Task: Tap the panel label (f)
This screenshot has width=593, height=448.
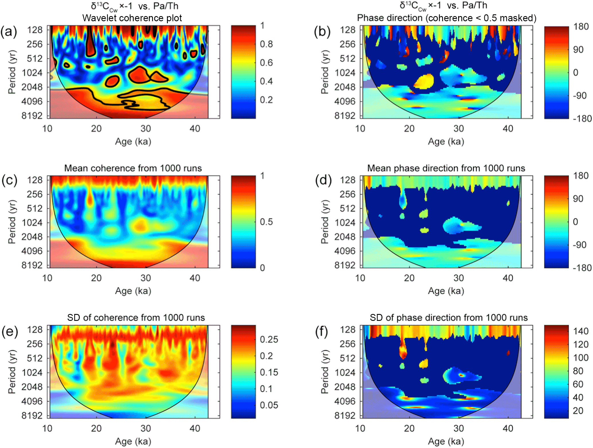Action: coord(322,331)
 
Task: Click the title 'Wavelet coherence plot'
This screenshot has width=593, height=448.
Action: coord(132,18)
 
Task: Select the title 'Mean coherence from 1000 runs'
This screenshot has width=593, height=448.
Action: coord(133,168)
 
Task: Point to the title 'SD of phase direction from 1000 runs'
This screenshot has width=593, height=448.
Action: coord(449,318)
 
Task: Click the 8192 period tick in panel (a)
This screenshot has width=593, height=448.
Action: coord(32,116)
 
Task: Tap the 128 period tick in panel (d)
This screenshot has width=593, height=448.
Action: coord(347,180)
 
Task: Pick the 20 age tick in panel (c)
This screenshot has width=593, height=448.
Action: coord(96,278)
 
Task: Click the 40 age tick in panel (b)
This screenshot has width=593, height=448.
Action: coord(508,129)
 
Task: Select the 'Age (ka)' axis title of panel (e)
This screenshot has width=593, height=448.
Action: coord(133,441)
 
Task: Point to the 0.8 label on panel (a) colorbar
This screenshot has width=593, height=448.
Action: coord(266,44)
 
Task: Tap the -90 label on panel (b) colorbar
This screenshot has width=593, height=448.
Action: coord(580,96)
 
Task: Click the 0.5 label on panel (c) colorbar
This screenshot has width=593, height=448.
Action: coord(266,222)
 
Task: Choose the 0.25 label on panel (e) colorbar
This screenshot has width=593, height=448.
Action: coord(269,340)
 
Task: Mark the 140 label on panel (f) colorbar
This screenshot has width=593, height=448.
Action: coord(581,331)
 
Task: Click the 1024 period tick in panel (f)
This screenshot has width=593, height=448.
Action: coord(345,373)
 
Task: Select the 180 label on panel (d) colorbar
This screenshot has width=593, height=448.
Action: coord(581,176)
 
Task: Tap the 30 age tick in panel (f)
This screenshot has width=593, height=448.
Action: coord(458,428)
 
